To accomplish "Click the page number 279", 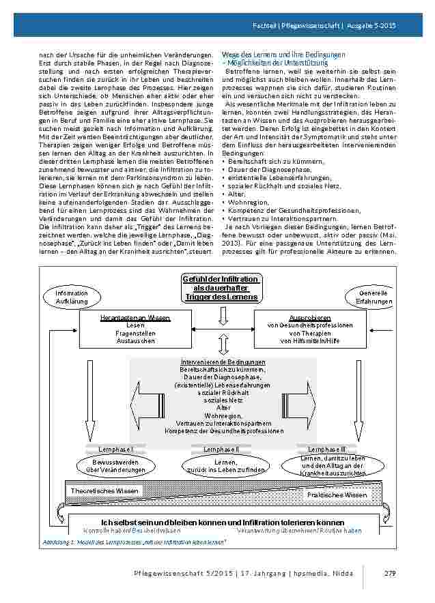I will pos(390,572).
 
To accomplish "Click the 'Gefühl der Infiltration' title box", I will pos(220,288).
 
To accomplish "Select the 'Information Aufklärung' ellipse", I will pos(72,297).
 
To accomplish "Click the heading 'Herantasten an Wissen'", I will pos(135,318).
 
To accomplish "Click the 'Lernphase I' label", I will pos(115,450).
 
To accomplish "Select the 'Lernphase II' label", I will pos(221,450).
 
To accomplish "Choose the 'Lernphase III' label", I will pos(326,450).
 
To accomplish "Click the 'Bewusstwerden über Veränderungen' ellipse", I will pos(115,466).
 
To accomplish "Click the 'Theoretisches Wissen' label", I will pos(104,490).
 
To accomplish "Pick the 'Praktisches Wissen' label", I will pos(337,495).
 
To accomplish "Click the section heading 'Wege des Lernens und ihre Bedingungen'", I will pos(283,54).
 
